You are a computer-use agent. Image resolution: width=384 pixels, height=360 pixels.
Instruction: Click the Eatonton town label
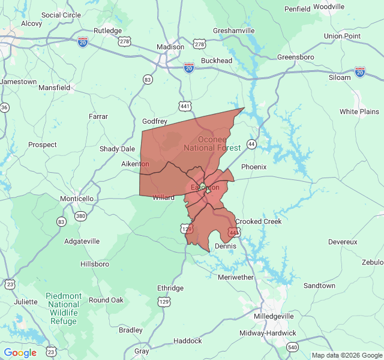(x=205, y=187)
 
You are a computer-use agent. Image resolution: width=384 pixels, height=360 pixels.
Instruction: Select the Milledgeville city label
(x=274, y=316)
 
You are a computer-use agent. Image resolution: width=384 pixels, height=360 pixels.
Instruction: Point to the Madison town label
(x=170, y=47)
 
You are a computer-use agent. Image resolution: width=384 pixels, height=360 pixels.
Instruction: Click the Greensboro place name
(x=296, y=57)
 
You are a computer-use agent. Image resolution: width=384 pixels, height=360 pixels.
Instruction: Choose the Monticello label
(x=77, y=199)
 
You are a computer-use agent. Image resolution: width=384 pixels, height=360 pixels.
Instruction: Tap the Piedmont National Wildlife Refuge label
(x=64, y=308)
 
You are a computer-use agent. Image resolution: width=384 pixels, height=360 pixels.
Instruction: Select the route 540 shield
(x=292, y=347)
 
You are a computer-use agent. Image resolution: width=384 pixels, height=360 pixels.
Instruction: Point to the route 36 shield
(x=5, y=107)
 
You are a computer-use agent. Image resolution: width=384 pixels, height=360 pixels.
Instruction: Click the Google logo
(x=20, y=353)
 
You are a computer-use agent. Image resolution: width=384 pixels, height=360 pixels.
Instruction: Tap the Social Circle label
(x=61, y=15)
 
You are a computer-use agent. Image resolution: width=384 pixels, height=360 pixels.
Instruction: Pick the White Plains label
(x=359, y=112)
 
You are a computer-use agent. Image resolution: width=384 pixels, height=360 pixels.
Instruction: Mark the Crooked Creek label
(x=258, y=221)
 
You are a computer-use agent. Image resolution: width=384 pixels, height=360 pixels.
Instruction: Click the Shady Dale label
(x=117, y=149)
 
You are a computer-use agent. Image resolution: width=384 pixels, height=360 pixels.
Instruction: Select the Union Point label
(x=342, y=36)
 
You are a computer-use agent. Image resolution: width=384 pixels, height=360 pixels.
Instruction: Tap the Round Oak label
(x=106, y=300)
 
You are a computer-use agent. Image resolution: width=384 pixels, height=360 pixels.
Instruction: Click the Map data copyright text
(x=346, y=355)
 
